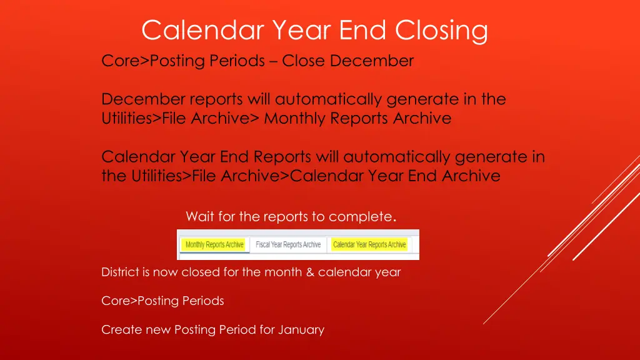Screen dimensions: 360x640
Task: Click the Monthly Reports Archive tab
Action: click(214, 244)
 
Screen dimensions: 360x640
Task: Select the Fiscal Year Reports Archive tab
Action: click(288, 244)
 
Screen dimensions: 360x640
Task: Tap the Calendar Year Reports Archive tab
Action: click(369, 244)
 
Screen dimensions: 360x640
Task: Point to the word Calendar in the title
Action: click(202, 30)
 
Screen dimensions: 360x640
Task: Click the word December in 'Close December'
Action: click(372, 61)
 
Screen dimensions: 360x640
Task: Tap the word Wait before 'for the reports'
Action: click(200, 217)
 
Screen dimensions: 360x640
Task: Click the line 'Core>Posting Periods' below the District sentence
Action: click(162, 301)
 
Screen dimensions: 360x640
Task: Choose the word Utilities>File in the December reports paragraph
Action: click(146, 118)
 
